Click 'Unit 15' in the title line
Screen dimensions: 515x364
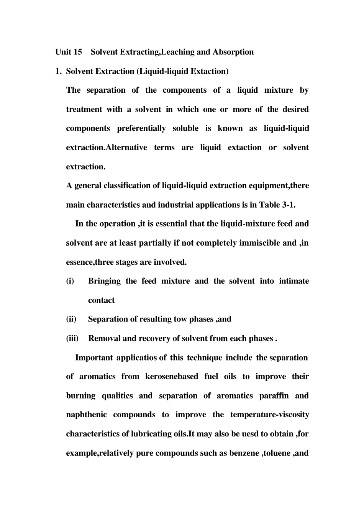69,52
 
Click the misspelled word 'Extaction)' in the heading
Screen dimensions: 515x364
210,71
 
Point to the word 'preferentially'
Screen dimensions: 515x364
141,128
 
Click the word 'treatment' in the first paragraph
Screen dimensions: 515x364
84,110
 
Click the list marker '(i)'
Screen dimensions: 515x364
70,281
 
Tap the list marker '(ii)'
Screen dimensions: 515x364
71,319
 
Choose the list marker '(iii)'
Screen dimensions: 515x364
72,339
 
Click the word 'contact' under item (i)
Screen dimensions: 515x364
101,300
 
